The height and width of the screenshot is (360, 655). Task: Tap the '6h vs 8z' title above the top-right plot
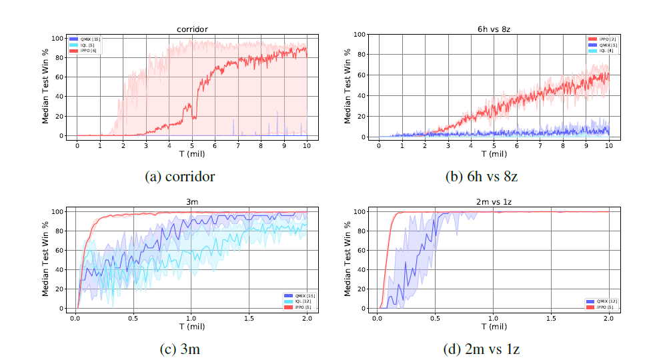[x=494, y=29]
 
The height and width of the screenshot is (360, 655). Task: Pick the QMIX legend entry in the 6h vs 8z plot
[x=597, y=45]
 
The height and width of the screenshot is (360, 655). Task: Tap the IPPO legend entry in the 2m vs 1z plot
[x=597, y=306]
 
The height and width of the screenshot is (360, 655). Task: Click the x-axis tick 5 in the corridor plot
[x=191, y=145]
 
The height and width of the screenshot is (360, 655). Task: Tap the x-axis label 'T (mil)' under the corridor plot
[x=191, y=154]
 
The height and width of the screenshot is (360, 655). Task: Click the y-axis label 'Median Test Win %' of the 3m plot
[x=46, y=259]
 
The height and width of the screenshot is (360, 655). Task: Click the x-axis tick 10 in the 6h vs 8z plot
[x=609, y=145]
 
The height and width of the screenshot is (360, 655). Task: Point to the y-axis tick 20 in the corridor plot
[x=63, y=116]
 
